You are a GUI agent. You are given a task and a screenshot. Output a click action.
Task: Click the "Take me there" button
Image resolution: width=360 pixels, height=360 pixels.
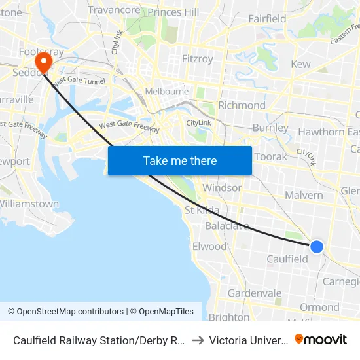click(180, 160)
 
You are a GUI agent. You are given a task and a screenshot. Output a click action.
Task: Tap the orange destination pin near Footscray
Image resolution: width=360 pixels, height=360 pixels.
click(44, 63)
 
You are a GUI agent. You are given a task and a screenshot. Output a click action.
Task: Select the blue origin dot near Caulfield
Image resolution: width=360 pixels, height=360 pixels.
click(316, 246)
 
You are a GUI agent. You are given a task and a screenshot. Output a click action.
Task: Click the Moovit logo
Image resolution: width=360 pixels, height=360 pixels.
click(321, 340)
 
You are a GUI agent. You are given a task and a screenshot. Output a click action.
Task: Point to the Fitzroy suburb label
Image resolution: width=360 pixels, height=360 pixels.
click(197, 59)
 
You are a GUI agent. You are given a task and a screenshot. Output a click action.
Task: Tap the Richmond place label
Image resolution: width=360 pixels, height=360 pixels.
click(242, 105)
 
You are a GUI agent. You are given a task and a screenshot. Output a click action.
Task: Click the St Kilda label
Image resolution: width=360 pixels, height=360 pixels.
click(202, 210)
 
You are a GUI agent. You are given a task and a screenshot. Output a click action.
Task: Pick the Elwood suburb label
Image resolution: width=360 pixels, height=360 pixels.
click(209, 247)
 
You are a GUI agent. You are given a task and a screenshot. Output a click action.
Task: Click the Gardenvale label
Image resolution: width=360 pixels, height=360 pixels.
click(255, 293)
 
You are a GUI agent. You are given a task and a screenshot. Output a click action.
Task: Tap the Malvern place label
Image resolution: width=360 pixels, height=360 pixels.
click(304, 195)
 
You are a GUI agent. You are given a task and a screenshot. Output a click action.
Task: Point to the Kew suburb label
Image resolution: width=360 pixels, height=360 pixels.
click(300, 64)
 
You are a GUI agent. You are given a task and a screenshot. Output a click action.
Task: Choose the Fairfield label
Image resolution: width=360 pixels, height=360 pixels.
click(267, 19)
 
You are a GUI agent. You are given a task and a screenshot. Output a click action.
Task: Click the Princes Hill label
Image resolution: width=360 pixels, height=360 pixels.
click(173, 12)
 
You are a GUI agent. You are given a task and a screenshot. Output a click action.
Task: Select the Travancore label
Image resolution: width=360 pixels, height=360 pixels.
click(114, 10)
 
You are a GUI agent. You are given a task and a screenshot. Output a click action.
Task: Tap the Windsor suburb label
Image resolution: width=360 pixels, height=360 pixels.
click(222, 188)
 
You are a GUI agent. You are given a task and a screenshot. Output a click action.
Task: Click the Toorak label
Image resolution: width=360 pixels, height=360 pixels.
click(270, 157)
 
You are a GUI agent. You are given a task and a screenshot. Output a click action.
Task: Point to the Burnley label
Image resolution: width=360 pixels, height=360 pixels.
click(270, 128)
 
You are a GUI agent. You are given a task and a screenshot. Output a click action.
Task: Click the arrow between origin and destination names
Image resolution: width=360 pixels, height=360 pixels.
click(198, 340)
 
